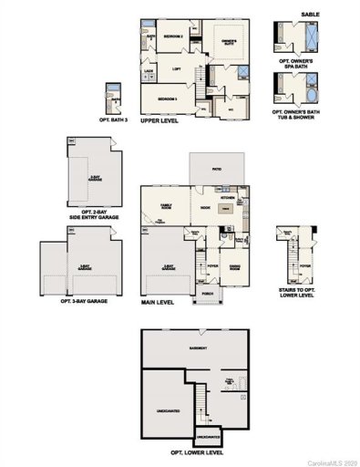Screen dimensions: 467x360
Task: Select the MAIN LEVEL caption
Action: (x=159, y=300)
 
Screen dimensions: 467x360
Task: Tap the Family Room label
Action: (x=166, y=206)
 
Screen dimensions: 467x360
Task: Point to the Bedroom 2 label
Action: (x=174, y=36)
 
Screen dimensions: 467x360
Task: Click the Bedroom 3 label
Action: (x=167, y=99)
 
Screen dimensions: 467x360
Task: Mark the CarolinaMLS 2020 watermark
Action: (x=334, y=462)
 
